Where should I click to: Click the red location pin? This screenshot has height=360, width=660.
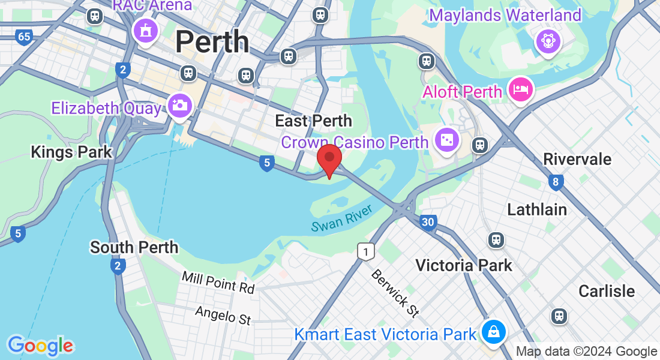coord(329,158)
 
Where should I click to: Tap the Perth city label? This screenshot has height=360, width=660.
coord(212,41)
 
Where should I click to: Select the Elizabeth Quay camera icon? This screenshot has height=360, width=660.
coord(179,106)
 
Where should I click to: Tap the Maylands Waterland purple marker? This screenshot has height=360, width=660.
coord(548,41)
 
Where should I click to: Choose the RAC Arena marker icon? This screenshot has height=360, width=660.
coord(145,29)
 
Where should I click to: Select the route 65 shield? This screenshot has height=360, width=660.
coord(24,37)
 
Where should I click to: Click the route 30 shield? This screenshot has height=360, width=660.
coord(427,222)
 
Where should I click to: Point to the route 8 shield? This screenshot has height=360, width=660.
coord(556,182)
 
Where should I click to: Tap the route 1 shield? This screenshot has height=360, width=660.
coord(365,251)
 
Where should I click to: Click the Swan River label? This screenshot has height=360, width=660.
coord(342,218)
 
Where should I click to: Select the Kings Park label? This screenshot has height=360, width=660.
coord(71,152)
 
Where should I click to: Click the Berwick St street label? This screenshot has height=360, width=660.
coord(394,293)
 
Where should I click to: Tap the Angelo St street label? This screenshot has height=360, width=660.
coord(223,314)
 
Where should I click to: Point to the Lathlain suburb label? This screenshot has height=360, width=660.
coord(537,209)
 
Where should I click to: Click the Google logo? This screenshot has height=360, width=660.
coord(40,345)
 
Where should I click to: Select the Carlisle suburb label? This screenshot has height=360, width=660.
coord(607,291)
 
